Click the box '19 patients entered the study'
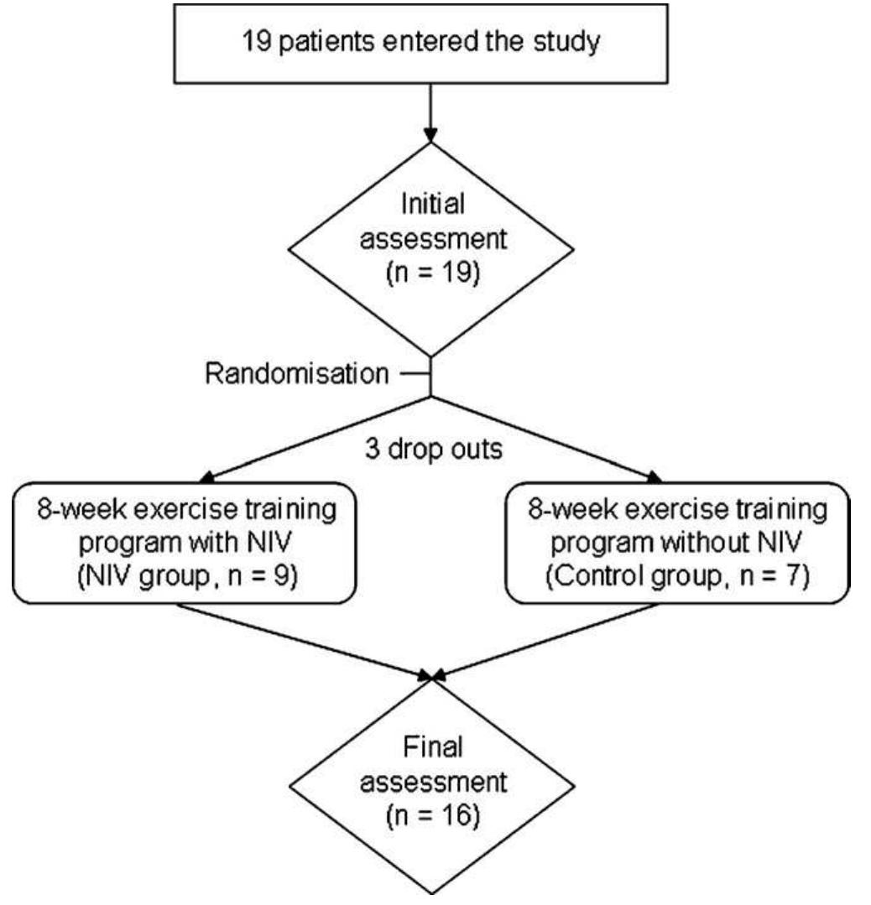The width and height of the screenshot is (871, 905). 430,43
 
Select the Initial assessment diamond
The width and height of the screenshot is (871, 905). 430,243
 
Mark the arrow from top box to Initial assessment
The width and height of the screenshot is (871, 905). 430,109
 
